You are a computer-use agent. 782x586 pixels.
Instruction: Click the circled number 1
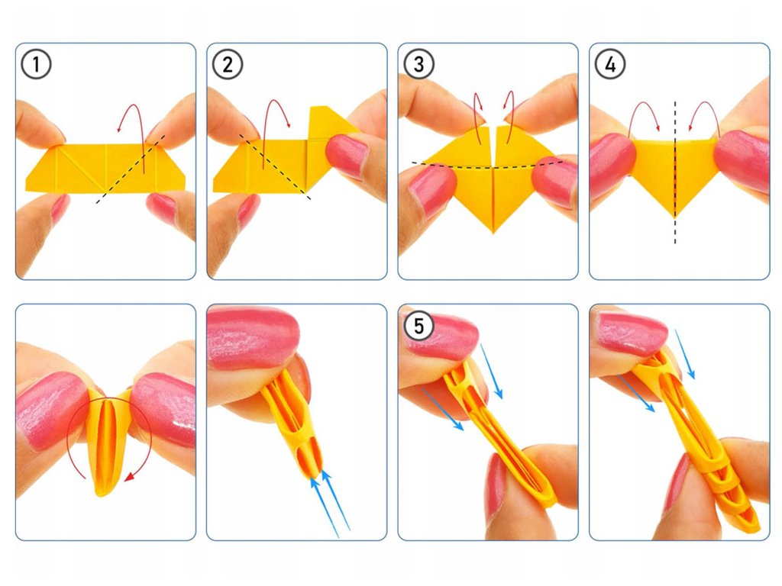coord(36,64)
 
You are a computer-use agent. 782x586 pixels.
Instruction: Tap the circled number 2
coord(228,64)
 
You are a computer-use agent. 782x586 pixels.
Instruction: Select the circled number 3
coord(419,64)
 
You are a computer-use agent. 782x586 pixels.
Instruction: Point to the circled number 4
coord(610,64)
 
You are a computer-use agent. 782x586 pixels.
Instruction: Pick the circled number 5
coord(419,326)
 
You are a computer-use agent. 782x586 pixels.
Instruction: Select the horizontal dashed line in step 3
coord(488,166)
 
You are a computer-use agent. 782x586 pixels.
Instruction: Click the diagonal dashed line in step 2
coord(275,167)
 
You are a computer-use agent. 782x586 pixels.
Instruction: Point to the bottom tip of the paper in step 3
coord(493,233)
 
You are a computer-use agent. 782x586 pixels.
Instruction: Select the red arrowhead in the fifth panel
coord(130,477)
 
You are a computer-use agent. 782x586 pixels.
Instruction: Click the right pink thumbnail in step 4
coord(742,161)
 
